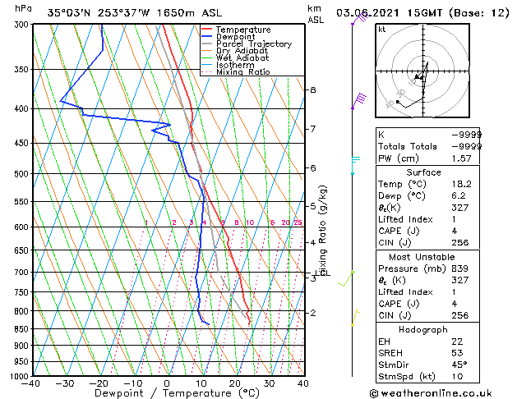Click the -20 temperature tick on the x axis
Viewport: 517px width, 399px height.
point(99,383)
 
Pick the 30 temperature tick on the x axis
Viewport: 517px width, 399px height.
point(269,383)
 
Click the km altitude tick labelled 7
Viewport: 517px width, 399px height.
point(312,129)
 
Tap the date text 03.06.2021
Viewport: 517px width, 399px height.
point(366,12)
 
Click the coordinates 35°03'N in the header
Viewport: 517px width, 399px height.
point(69,12)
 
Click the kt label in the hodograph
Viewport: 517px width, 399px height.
point(381,30)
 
